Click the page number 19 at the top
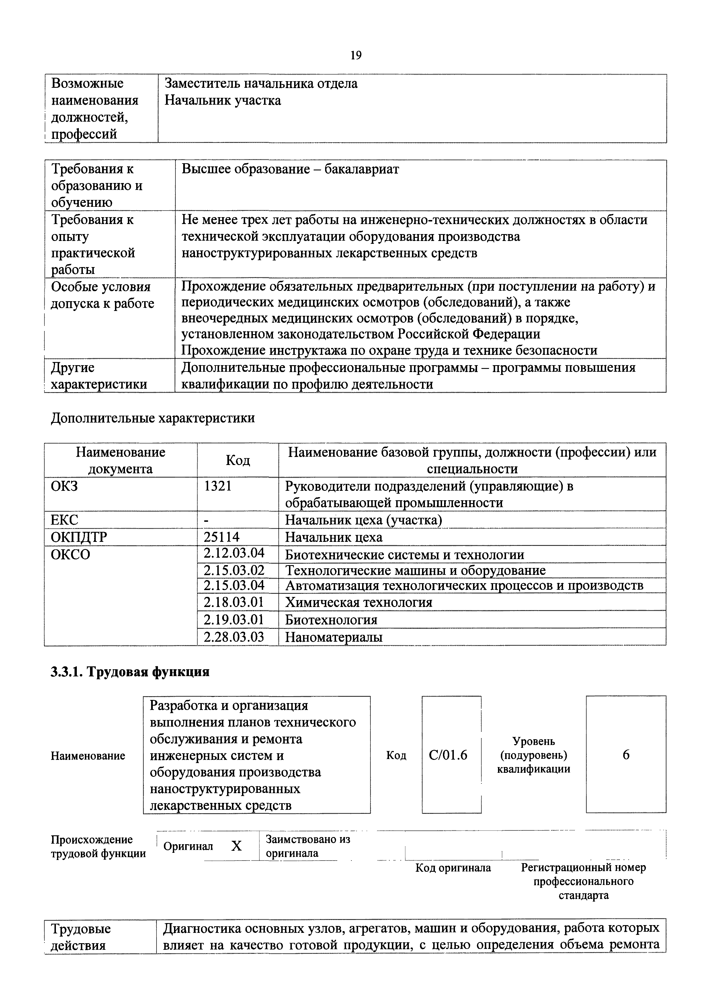tap(355, 56)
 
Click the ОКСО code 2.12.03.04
tap(234, 553)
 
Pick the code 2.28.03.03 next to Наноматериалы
tap(234, 637)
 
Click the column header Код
tap(238, 460)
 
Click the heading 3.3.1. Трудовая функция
tap(130, 672)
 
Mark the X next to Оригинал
tap(237, 846)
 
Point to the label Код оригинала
tap(453, 867)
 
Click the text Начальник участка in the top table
tap(223, 101)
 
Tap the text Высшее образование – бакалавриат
tap(290, 169)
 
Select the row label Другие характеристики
tap(99, 376)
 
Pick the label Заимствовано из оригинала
tap(308, 846)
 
